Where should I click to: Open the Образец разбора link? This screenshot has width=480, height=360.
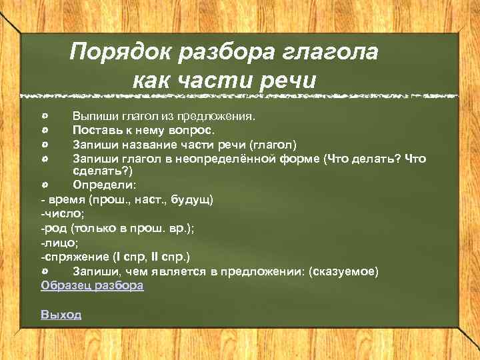coord(92,285)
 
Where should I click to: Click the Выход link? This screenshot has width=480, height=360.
coord(61,314)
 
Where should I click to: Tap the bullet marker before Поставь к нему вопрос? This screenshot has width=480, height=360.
coord(44,130)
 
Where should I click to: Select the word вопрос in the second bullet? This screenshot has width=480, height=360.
coord(191,130)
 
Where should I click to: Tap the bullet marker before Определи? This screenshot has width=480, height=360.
coord(44,184)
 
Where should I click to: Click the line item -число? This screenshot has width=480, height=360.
coord(60,213)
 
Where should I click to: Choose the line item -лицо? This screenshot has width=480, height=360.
coord(58,242)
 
